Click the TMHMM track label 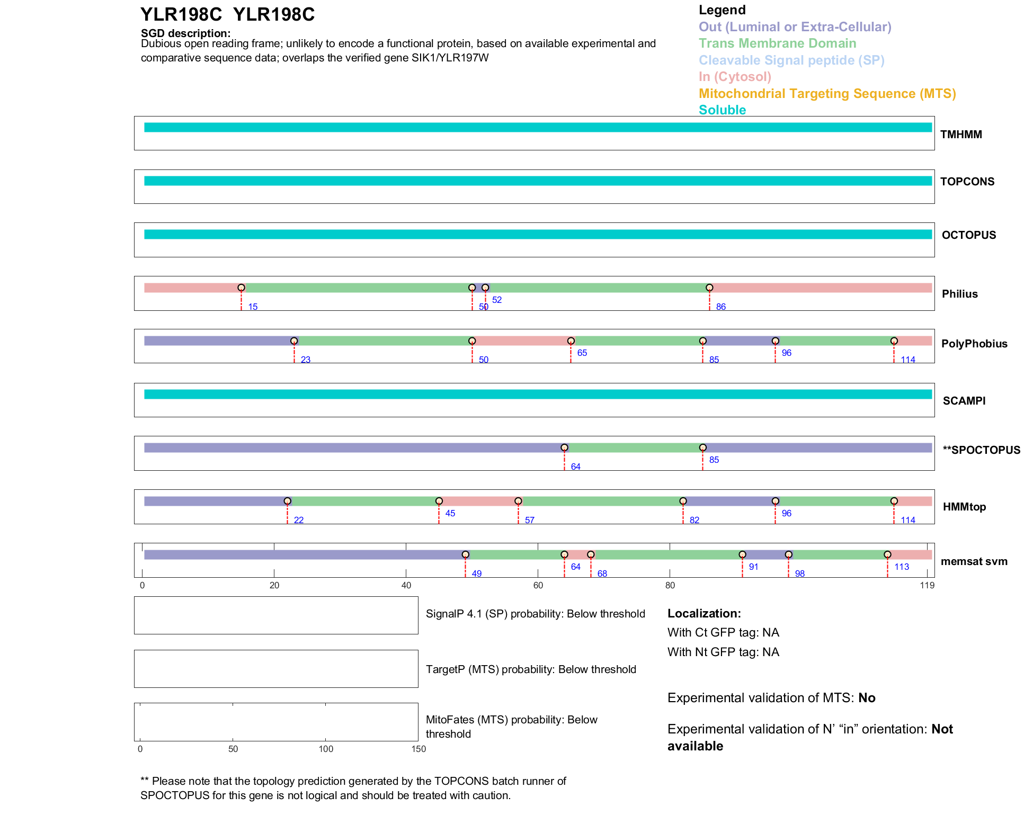[x=960, y=135]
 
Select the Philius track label [x=959, y=294]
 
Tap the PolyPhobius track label [x=974, y=344]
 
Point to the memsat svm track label [x=974, y=561]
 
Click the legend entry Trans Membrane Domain [x=777, y=43]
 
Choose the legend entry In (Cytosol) [x=734, y=77]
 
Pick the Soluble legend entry [x=722, y=110]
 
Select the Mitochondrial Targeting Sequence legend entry [x=827, y=94]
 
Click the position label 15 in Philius [x=253, y=307]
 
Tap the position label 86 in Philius [x=720, y=307]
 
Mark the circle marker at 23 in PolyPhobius [x=294, y=341]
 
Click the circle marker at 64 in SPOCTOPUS [x=564, y=448]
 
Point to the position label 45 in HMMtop [x=450, y=513]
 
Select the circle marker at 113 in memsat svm [x=887, y=554]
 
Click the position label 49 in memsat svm [x=476, y=574]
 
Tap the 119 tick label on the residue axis [x=927, y=585]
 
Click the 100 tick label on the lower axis [x=326, y=749]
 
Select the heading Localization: [x=703, y=614]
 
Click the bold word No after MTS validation [x=867, y=698]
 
